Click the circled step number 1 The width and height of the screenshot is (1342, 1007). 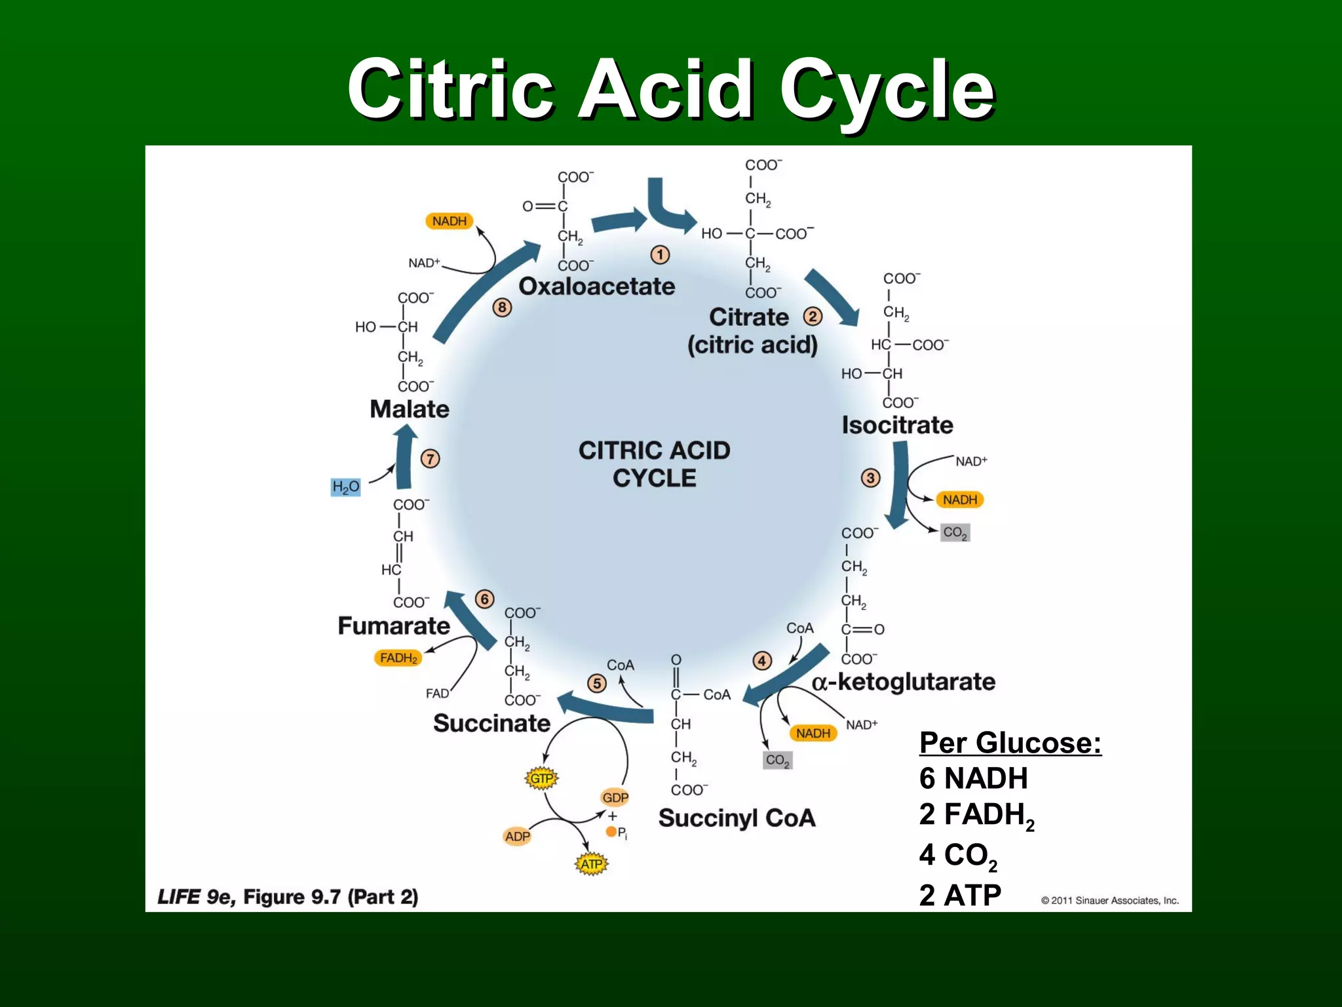(660, 254)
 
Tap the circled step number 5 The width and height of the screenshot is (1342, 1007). (596, 683)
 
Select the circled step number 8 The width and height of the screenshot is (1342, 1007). (502, 307)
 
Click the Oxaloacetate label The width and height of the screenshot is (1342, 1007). (596, 286)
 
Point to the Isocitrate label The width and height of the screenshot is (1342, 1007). (897, 425)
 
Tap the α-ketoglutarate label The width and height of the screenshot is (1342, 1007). (904, 682)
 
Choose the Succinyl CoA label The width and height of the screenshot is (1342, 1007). (737, 818)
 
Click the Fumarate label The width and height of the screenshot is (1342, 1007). (394, 625)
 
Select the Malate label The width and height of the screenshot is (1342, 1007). (410, 409)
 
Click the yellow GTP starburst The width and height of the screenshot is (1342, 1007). (541, 778)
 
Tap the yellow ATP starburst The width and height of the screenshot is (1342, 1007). (592, 864)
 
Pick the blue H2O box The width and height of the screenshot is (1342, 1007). (345, 487)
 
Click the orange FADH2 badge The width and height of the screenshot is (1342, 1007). (398, 658)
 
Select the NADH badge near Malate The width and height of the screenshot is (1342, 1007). (450, 221)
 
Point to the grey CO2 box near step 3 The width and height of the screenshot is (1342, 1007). (955, 532)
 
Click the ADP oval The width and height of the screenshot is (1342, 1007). (517, 836)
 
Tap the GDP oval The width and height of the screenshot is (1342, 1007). (615, 797)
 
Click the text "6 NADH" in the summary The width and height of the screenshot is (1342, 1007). (973, 778)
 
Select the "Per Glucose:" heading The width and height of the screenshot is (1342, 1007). (1010, 743)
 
